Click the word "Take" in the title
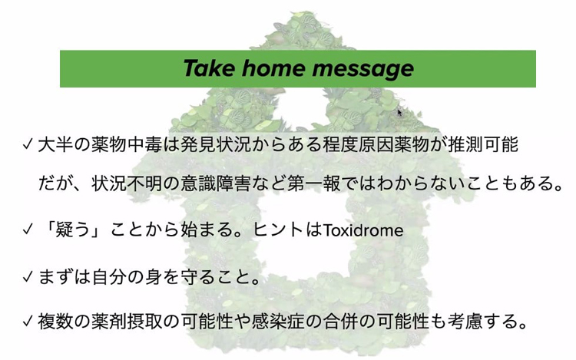208,68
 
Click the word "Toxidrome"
363,230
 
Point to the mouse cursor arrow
400,111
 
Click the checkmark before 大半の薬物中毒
28,144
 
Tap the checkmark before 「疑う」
28,230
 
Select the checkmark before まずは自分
28,276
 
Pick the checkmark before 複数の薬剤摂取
28,322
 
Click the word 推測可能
483,144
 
